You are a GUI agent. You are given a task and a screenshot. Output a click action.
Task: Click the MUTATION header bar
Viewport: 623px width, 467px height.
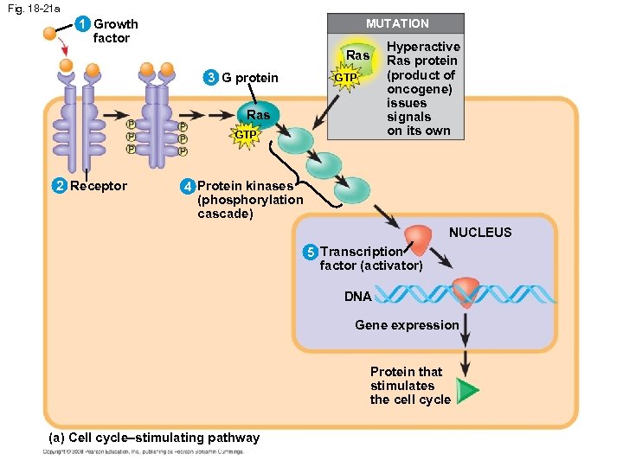click(x=397, y=23)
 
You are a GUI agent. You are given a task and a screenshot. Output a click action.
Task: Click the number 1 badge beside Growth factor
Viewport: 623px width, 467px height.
click(x=82, y=24)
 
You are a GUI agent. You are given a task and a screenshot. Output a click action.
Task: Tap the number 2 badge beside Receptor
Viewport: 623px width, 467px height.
click(x=59, y=186)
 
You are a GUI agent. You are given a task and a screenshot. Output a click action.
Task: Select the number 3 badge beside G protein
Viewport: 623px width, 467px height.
click(x=210, y=79)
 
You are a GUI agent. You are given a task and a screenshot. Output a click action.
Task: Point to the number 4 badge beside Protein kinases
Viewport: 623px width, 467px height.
click(x=186, y=186)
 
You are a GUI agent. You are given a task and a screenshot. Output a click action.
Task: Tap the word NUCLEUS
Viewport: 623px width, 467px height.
click(x=479, y=233)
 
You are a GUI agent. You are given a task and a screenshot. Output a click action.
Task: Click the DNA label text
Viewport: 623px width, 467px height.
click(x=357, y=297)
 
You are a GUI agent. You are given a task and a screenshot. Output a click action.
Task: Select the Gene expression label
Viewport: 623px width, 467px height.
click(x=407, y=325)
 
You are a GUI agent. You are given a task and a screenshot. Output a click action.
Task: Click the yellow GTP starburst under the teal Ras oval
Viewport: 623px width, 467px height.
click(x=246, y=135)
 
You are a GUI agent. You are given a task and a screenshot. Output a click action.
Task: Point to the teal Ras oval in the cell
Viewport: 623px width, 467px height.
click(x=258, y=116)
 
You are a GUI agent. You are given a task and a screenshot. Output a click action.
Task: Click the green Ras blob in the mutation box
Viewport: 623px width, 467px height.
click(x=356, y=56)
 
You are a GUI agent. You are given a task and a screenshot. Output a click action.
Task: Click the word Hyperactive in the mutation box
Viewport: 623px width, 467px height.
click(x=423, y=47)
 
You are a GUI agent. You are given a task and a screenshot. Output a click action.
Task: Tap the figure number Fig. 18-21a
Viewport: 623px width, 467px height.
click(x=30, y=8)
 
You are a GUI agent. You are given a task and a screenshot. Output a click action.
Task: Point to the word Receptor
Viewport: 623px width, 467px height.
click(x=98, y=186)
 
